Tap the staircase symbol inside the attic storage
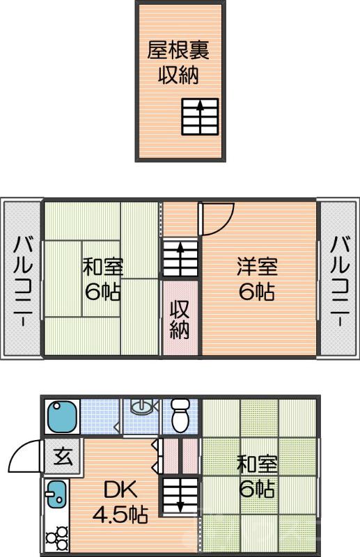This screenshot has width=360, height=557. tap(200, 116)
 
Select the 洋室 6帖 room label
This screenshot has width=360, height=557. tap(258, 278)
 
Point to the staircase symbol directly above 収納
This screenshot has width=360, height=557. tap(180, 259)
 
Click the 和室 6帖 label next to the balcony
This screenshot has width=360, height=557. tap(103, 278)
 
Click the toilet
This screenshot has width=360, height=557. tap(181, 416)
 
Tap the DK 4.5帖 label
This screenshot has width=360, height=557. tap(120, 503)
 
